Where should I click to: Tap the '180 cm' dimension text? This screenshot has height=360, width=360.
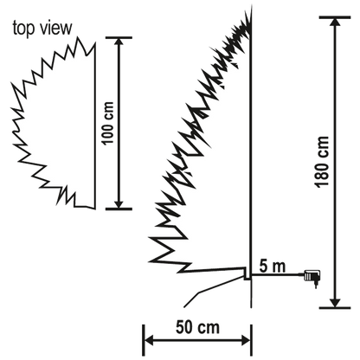point(323,163)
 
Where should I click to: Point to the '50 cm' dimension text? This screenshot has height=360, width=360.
point(196,329)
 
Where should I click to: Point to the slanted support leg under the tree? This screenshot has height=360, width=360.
point(204,292)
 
